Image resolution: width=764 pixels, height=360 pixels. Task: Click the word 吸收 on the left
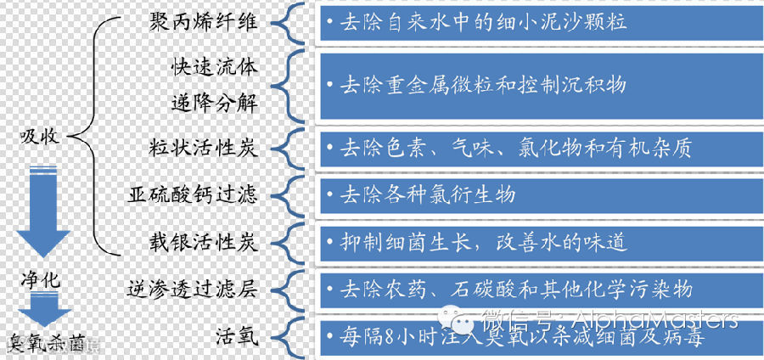click(40, 136)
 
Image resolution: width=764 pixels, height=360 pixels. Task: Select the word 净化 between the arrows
click(40, 279)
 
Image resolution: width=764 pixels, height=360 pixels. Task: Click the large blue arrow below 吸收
click(40, 213)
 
